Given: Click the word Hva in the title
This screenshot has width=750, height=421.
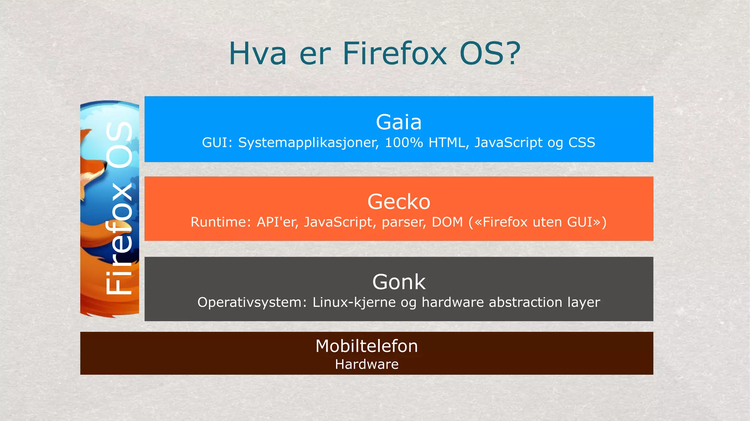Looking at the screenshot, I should point(257,54).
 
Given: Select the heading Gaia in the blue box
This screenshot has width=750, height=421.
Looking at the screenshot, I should point(398,122).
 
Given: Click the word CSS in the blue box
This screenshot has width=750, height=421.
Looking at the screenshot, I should point(582,142).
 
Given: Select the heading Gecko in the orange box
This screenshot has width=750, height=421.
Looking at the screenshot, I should point(398,202).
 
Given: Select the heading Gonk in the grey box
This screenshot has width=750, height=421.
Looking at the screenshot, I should point(398,282).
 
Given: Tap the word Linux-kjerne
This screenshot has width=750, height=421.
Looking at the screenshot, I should point(354,302).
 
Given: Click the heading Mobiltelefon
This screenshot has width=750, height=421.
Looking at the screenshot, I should point(366,346).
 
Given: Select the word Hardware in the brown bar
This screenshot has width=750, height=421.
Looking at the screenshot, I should point(367,364).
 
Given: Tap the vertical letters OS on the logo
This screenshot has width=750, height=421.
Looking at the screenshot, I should point(119,145).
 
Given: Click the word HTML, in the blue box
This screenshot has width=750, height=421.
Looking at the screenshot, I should point(449,142).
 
